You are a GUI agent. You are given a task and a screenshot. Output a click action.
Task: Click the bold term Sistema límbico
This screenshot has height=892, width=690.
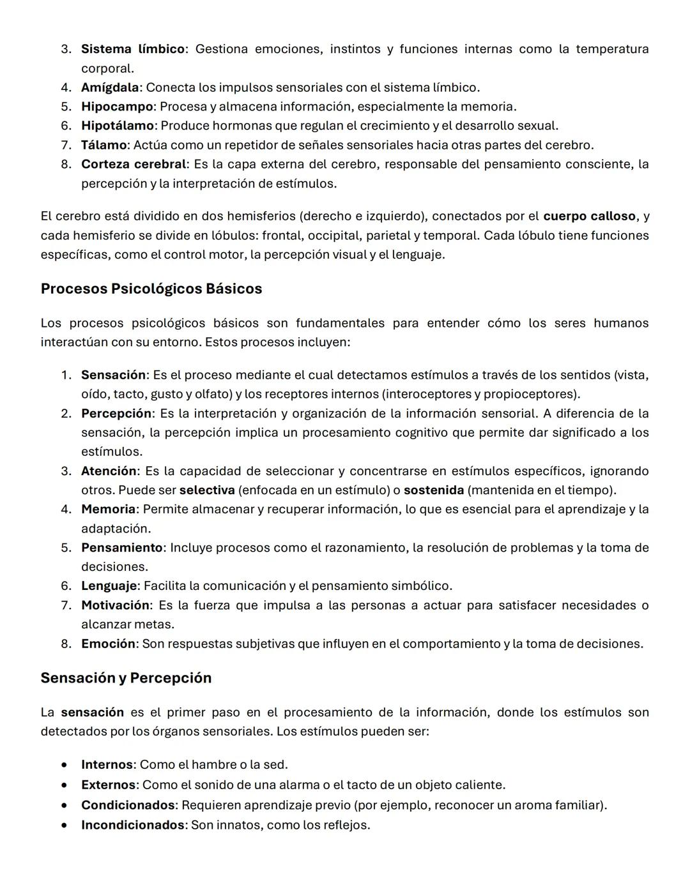click(x=132, y=49)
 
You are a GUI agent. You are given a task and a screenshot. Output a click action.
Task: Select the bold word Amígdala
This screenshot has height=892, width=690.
click(x=110, y=87)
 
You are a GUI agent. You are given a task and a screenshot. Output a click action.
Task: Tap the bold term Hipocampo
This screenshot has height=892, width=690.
click(x=117, y=107)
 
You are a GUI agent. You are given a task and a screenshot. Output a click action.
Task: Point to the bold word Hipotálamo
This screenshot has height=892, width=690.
click(x=118, y=126)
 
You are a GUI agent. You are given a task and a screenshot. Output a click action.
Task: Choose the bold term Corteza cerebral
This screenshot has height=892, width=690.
click(x=134, y=164)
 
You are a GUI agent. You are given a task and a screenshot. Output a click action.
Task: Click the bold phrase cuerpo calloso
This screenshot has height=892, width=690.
click(x=589, y=216)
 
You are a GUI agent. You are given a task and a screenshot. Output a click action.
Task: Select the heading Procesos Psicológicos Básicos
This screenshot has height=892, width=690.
click(x=151, y=289)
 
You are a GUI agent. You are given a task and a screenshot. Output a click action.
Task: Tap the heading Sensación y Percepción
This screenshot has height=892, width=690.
click(x=126, y=677)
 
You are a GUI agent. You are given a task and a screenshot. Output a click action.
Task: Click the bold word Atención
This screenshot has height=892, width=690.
click(x=109, y=471)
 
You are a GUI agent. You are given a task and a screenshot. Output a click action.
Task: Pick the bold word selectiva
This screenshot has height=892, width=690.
click(x=207, y=490)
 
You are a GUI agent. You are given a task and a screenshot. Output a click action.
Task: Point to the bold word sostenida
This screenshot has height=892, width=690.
click(x=434, y=490)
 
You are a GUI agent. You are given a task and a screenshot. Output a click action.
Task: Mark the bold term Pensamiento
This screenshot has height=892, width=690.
click(x=122, y=548)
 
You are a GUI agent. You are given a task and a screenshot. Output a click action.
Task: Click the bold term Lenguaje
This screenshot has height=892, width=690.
click(x=109, y=586)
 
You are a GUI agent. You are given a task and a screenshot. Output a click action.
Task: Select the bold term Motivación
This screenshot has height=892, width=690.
click(x=115, y=605)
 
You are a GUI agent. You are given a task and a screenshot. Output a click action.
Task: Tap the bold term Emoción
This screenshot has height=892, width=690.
click(x=108, y=644)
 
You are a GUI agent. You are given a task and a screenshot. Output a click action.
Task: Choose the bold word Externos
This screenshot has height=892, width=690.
click(x=108, y=785)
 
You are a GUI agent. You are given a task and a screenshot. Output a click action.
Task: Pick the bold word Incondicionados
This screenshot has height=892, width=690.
click(x=133, y=825)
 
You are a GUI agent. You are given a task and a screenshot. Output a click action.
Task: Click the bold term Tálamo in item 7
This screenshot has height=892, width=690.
click(x=103, y=145)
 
